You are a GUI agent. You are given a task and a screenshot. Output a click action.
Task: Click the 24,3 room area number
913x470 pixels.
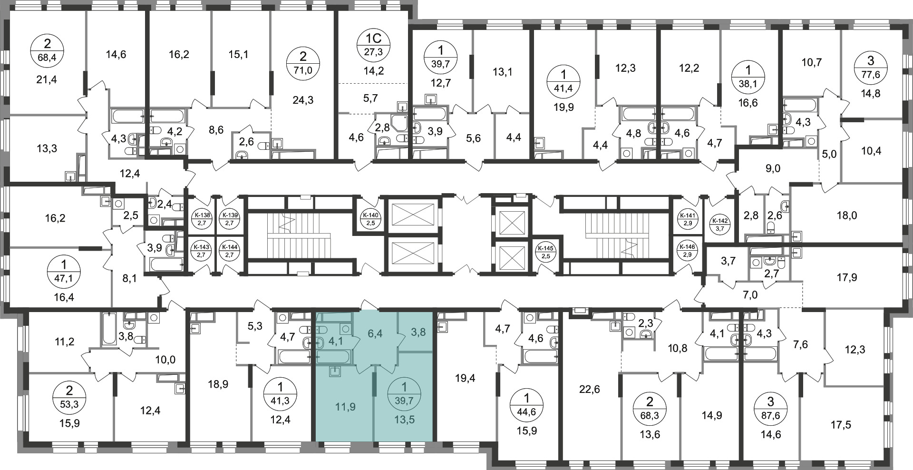point(303,100)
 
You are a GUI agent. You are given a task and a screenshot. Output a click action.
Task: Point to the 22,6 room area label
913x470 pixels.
point(590,390)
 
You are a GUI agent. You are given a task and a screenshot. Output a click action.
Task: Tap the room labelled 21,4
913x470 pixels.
point(47,79)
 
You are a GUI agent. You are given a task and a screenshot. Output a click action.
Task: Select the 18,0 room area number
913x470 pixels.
point(846,215)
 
